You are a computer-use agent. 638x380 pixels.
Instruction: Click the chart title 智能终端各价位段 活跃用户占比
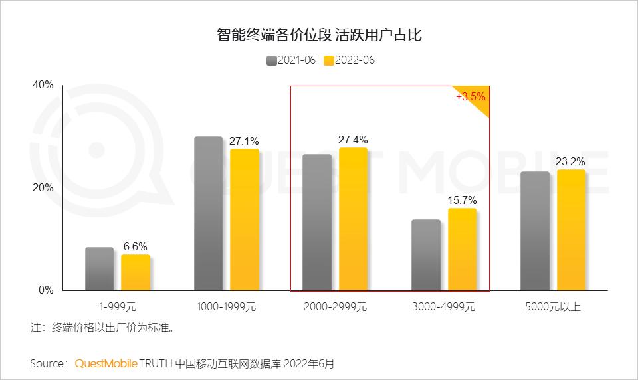319,35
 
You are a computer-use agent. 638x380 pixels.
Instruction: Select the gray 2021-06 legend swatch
271,60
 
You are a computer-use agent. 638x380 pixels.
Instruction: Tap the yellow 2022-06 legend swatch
328,60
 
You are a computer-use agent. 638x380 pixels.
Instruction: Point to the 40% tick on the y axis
43,85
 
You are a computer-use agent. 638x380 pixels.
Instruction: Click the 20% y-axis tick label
43,188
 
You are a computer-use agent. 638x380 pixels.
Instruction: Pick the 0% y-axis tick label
46,290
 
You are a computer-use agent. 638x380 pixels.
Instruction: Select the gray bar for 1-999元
99,269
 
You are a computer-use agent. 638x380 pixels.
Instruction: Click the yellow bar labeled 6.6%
136,272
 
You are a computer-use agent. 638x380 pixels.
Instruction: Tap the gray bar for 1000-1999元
208,213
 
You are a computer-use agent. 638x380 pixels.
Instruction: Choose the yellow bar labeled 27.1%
245,220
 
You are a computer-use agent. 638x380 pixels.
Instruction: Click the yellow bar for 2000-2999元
353,219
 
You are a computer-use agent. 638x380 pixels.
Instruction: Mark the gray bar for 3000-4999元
426,255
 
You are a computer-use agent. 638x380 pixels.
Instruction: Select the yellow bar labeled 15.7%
462,249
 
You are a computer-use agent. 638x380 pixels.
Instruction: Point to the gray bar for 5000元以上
535,231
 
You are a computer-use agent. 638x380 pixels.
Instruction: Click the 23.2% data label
571,161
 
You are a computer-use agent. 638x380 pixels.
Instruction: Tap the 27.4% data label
353,140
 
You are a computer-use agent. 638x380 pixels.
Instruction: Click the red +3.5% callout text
471,96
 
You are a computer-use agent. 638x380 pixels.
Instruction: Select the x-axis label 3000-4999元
444,306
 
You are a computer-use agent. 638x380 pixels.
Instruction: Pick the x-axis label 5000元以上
553,306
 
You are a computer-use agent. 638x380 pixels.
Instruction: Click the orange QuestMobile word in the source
106,363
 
